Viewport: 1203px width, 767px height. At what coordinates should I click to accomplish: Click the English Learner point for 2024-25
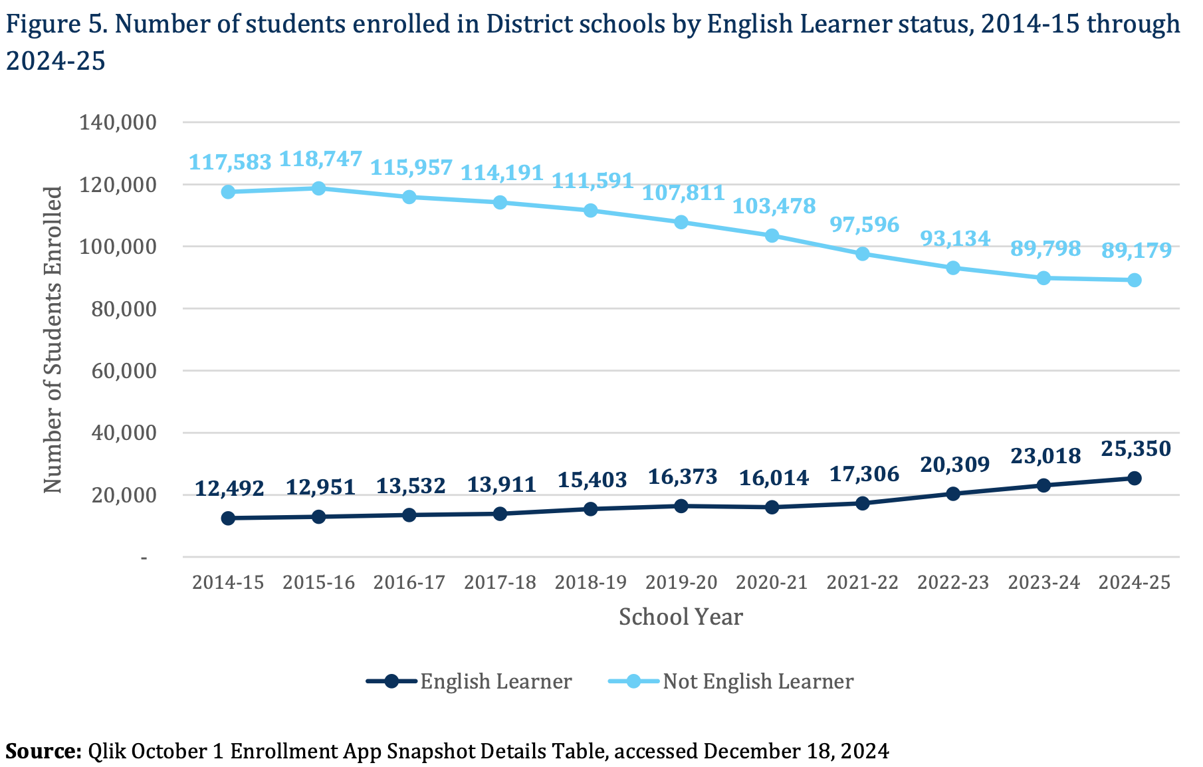tap(1134, 478)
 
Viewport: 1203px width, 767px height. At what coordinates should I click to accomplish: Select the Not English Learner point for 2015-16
tap(318, 188)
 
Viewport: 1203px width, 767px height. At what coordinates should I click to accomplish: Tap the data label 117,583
tap(230, 162)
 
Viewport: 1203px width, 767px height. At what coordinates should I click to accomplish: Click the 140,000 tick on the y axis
tap(118, 122)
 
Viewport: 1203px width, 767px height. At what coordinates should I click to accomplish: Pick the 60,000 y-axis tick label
tap(118, 371)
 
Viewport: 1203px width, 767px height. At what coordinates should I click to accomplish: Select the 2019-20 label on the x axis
tap(681, 583)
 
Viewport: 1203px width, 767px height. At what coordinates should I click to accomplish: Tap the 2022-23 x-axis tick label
tap(953, 583)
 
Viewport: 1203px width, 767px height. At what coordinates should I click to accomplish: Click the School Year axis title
tap(681, 617)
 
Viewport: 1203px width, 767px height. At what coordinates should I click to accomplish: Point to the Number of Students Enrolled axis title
tap(53, 339)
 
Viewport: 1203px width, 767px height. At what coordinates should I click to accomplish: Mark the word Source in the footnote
tap(43, 751)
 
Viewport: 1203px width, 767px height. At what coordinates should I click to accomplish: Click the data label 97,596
tap(864, 225)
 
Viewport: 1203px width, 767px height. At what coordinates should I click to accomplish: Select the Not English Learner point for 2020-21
tap(772, 235)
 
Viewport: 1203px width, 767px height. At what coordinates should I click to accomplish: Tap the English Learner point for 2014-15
tap(228, 518)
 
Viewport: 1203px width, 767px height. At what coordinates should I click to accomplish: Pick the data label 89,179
tap(1136, 251)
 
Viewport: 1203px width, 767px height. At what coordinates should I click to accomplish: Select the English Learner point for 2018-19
tap(590, 509)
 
